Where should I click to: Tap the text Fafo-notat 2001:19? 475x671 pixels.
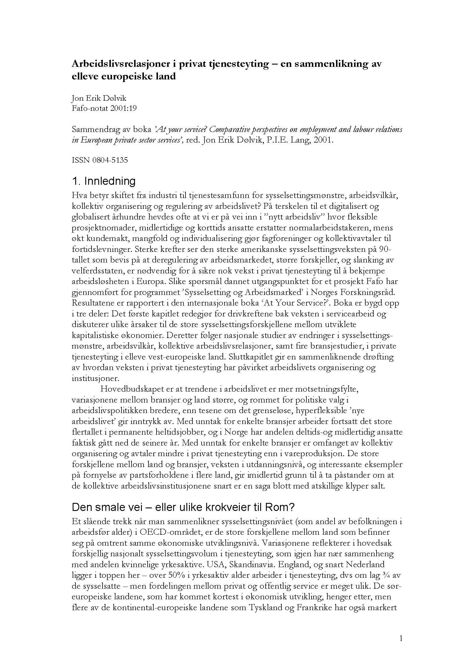point(104,108)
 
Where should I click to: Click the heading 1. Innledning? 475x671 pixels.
point(104,182)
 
